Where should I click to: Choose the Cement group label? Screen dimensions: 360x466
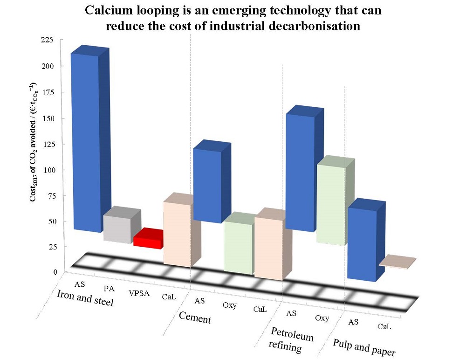point(195,319)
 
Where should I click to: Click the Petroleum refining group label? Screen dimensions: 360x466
point(292,342)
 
